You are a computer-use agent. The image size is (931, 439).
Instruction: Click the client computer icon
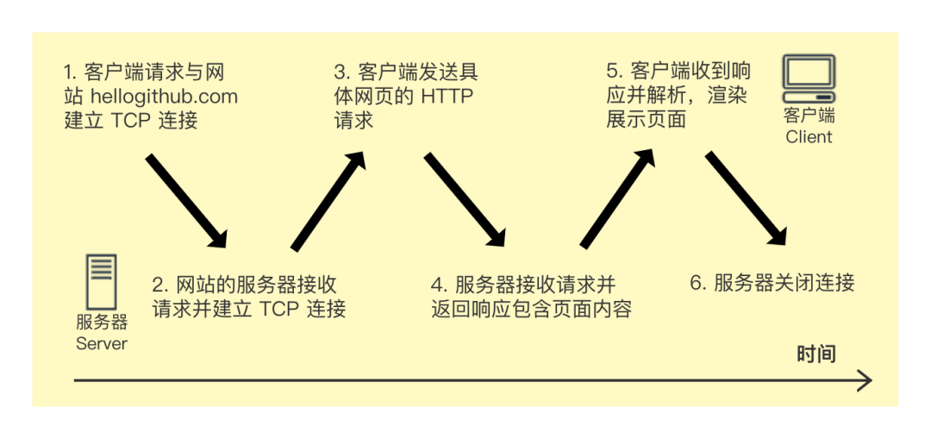point(809,78)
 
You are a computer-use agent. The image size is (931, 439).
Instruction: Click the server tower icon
point(102,281)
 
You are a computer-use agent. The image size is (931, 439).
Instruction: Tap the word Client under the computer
point(809,136)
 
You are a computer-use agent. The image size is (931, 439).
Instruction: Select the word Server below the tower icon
point(102,343)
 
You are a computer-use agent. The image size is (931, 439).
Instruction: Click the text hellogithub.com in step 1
point(164,97)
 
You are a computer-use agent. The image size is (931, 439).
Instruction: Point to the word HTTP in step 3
point(447,97)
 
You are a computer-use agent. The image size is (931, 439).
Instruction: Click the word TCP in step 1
point(131,120)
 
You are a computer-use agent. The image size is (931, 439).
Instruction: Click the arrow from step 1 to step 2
point(185,200)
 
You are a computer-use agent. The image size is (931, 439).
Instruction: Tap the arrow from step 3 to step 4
point(464,200)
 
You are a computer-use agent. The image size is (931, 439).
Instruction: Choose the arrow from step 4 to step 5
point(617,198)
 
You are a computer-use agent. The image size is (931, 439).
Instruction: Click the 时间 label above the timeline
point(815,354)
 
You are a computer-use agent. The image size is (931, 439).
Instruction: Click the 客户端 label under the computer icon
point(809,116)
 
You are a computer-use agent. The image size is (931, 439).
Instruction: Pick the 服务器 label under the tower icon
point(102,323)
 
